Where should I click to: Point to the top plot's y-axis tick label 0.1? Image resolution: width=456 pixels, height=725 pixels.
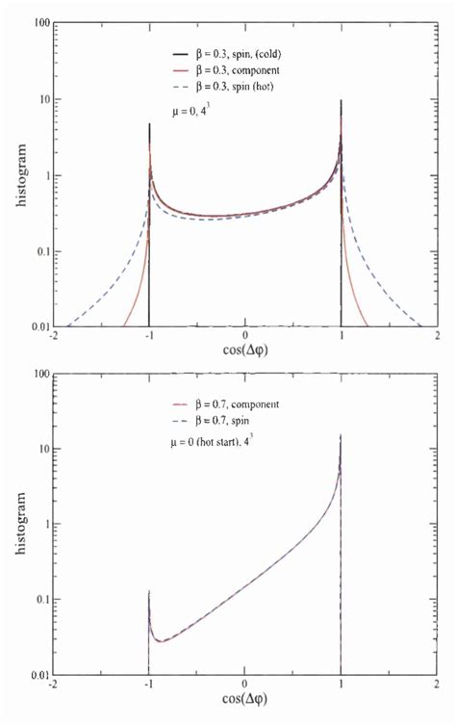(38, 252)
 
